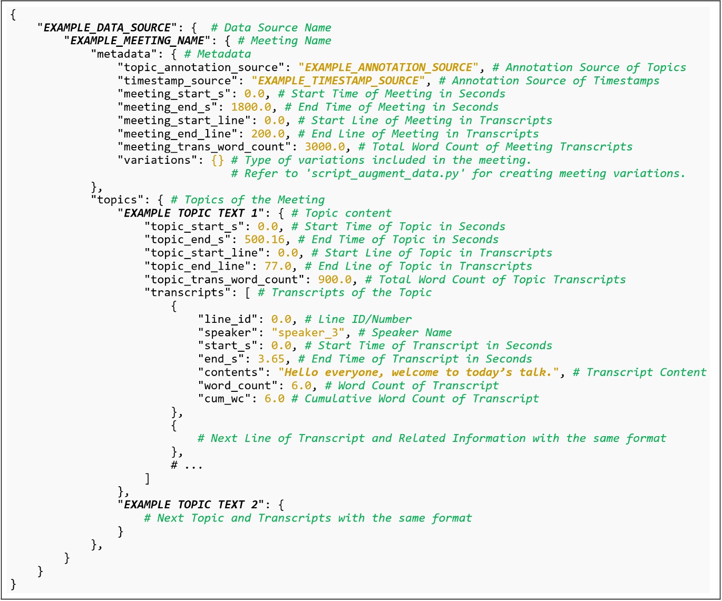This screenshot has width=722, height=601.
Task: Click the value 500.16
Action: point(265,240)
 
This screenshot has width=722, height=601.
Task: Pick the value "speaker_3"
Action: point(308,332)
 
